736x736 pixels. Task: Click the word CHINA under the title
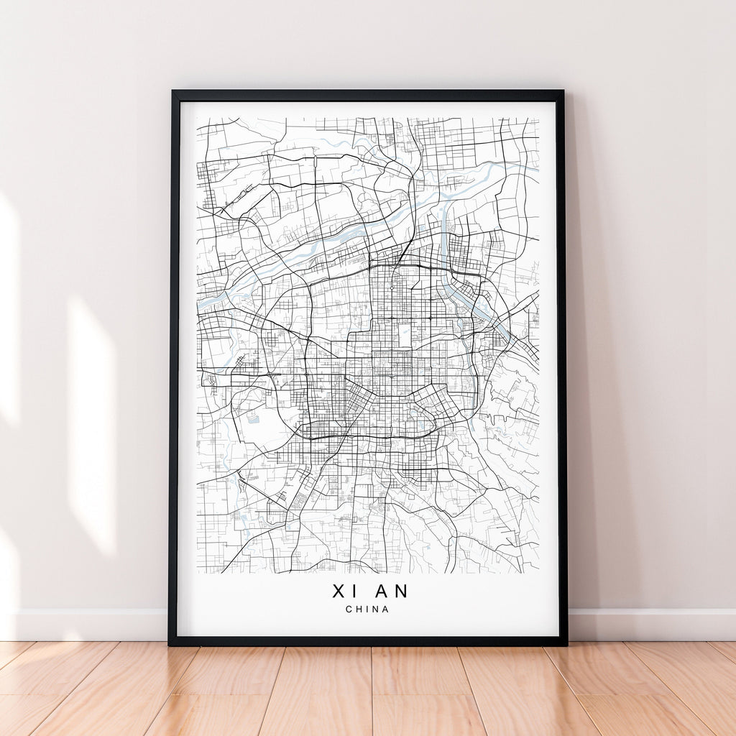pyautogui.click(x=367, y=609)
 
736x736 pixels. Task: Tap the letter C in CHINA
pyautogui.click(x=349, y=609)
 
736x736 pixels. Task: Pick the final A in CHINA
pyautogui.click(x=386, y=609)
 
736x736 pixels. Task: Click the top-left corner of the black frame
pyautogui.click(x=173, y=92)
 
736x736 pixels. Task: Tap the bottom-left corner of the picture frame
pyautogui.click(x=170, y=643)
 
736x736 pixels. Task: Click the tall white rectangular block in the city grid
pyautogui.click(x=404, y=334)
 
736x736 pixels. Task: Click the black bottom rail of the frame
pyautogui.click(x=367, y=640)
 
